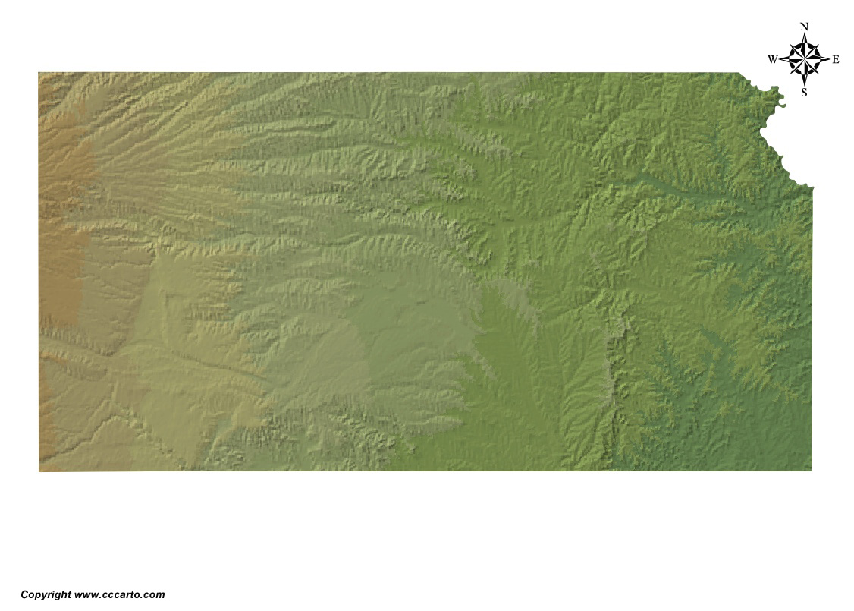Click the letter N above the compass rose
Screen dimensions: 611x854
[x=804, y=27]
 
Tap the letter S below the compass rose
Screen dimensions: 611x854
[x=804, y=93]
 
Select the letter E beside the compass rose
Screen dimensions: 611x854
[x=836, y=59]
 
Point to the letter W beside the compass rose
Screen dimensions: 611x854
[x=772, y=59]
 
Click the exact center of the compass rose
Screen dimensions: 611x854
[x=804, y=59]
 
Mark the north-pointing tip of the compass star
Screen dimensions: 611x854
[x=804, y=34]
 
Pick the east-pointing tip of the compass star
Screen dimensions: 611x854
[x=829, y=59]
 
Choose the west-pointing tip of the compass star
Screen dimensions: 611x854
[x=780, y=59]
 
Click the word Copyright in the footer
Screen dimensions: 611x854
[x=46, y=595]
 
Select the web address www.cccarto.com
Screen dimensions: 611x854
[x=120, y=595]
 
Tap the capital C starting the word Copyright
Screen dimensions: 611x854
[x=24, y=595]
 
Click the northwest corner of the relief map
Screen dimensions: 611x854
[x=39, y=73]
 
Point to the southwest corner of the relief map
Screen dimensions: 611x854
[x=39, y=471]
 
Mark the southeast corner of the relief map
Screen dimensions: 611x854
[x=811, y=470]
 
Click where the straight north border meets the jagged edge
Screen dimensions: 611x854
[x=740, y=73]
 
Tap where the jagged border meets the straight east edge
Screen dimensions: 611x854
[x=812, y=187]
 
